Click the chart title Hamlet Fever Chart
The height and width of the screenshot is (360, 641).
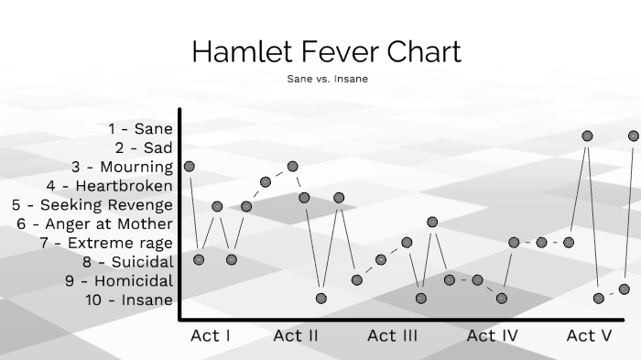tap(326, 52)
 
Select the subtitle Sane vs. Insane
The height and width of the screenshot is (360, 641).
tap(326, 79)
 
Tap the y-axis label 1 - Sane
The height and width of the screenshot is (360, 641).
tap(140, 129)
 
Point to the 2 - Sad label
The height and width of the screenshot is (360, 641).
tap(144, 147)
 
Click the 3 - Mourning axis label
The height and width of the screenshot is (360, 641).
tap(122, 167)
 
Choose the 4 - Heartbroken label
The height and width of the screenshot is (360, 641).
tap(110, 186)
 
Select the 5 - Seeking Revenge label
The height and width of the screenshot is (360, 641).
tap(92, 205)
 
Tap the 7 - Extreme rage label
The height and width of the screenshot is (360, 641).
tap(106, 243)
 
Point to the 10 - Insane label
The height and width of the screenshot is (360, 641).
tap(129, 300)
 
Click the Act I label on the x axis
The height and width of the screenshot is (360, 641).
tap(211, 336)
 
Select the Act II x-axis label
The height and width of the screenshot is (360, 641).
tap(296, 336)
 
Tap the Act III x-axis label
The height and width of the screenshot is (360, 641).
tap(393, 336)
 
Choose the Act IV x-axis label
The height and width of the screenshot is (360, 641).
tap(493, 336)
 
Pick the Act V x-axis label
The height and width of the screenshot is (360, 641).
tap(589, 336)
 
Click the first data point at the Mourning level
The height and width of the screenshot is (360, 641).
tap(190, 166)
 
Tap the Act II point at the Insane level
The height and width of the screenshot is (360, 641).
tap(321, 298)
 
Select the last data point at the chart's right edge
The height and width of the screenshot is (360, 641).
tap(634, 136)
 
